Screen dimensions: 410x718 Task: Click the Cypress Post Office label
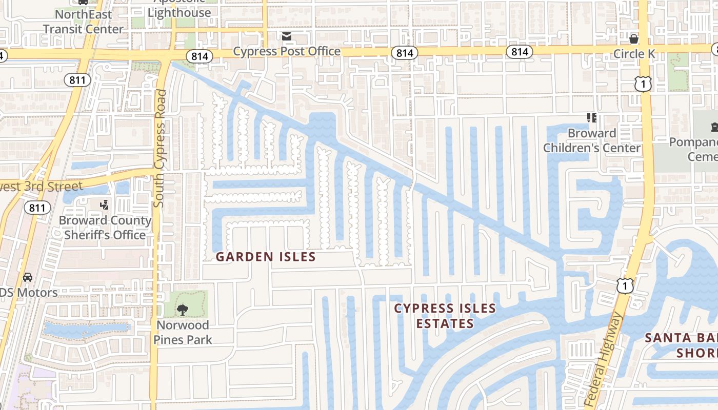pyautogui.click(x=287, y=51)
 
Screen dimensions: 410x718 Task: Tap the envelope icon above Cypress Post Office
pyautogui.click(x=286, y=36)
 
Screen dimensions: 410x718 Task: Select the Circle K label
pyautogui.click(x=635, y=54)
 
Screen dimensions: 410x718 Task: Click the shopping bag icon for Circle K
pyautogui.click(x=634, y=39)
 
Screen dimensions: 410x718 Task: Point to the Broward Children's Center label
pyautogui.click(x=592, y=140)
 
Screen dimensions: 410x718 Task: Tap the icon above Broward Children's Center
pyautogui.click(x=592, y=118)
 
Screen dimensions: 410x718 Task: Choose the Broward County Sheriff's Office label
pyautogui.click(x=105, y=228)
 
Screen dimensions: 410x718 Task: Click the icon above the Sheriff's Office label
pyautogui.click(x=105, y=205)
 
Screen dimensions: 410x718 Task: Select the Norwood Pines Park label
pyautogui.click(x=183, y=332)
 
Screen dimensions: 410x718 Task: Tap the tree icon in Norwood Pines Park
pyautogui.click(x=182, y=310)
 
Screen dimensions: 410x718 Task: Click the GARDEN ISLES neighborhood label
pyautogui.click(x=265, y=257)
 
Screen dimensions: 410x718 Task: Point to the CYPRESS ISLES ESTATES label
pyautogui.click(x=445, y=316)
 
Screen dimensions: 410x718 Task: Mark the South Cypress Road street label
pyautogui.click(x=161, y=149)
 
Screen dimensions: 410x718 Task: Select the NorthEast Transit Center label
pyautogui.click(x=83, y=22)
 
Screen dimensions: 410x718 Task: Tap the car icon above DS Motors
pyautogui.click(x=28, y=277)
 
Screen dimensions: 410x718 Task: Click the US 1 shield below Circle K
pyautogui.click(x=643, y=84)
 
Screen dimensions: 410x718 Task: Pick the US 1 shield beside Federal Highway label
pyautogui.click(x=625, y=285)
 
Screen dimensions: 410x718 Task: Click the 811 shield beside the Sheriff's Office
pyautogui.click(x=37, y=208)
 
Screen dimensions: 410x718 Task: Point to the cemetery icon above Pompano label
pyautogui.click(x=714, y=127)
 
